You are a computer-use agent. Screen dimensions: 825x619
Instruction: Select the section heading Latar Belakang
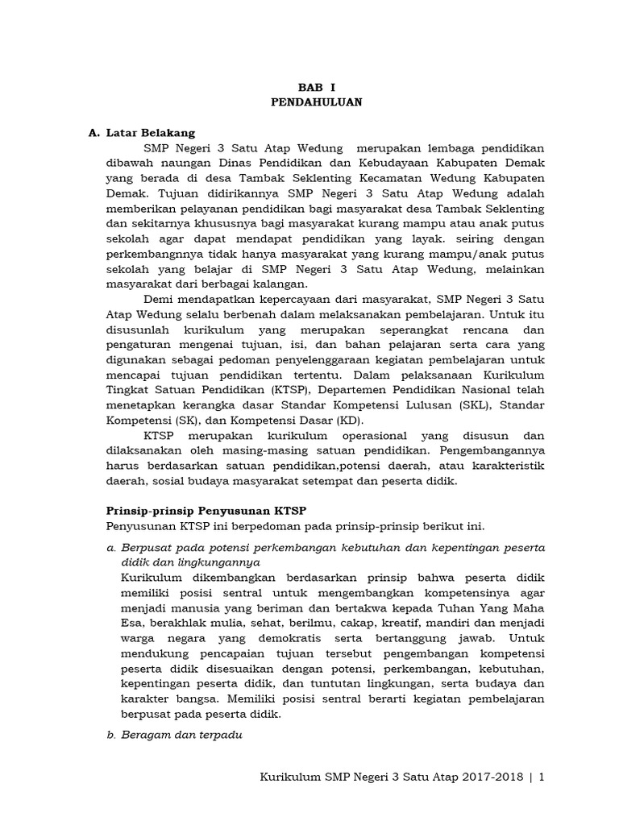[x=151, y=133]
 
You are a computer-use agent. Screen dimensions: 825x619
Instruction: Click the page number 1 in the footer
[x=542, y=777]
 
